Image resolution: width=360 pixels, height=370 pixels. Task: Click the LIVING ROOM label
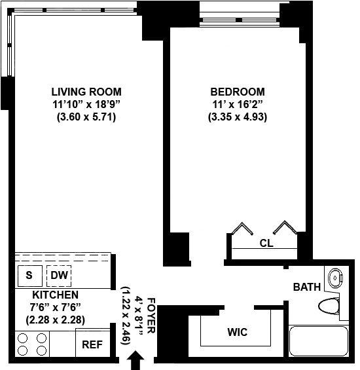tap(86, 92)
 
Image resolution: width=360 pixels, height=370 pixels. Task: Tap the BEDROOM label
tap(238, 92)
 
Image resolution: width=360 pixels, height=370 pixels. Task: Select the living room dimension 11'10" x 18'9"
tap(86, 104)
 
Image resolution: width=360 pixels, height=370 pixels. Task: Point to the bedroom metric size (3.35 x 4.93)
tap(238, 117)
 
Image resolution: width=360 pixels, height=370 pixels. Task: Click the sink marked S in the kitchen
tap(30, 276)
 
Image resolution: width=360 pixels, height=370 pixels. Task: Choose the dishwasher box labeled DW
tap(59, 276)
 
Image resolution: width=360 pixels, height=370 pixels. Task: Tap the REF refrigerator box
tap(93, 342)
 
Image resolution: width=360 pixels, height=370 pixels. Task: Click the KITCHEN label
tap(55, 295)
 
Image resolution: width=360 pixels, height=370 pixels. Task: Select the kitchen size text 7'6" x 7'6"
tap(55, 308)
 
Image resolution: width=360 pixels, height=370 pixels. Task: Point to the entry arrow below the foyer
tap(135, 360)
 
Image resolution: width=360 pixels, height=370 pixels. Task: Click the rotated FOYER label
tap(151, 316)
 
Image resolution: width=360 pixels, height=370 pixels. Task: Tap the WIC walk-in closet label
tap(238, 332)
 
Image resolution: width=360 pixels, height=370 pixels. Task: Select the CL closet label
tap(266, 243)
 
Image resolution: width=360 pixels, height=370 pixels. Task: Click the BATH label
tap(307, 287)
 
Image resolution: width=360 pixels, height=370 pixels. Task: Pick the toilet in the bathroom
tap(329, 306)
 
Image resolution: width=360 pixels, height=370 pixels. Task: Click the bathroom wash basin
tap(335, 278)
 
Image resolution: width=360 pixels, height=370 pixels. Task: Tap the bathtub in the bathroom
tap(319, 341)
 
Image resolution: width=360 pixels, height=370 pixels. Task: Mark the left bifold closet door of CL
tap(242, 229)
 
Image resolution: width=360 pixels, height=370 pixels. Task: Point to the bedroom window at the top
tap(240, 20)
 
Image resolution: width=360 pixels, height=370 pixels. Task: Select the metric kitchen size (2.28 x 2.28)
tap(55, 320)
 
